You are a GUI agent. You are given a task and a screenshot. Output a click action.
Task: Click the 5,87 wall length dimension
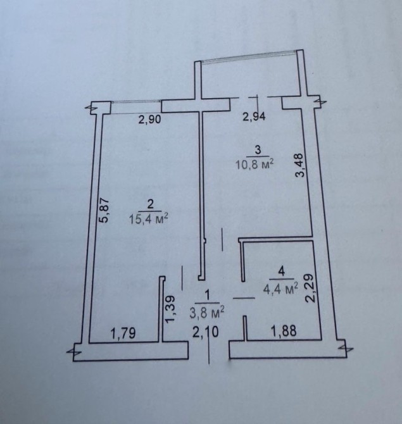[104, 210]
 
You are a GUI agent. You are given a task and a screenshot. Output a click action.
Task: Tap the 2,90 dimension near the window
[149, 119]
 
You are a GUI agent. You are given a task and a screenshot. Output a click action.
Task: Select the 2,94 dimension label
[254, 117]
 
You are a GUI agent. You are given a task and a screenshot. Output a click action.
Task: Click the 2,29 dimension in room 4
[310, 288]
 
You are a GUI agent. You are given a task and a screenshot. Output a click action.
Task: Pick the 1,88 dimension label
[285, 330]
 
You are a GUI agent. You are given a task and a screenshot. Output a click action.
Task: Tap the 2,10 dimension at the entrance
[205, 332]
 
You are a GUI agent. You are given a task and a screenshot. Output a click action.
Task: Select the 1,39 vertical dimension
[171, 309]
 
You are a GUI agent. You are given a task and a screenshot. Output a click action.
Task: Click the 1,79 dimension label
[123, 334]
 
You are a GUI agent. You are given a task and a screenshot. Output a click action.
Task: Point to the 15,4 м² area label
[149, 219]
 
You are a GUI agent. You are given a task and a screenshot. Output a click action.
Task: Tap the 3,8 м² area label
[207, 313]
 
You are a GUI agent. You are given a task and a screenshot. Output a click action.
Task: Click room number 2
[150, 204]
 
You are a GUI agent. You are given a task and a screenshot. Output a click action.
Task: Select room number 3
[258, 150]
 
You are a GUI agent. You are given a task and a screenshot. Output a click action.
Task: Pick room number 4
[281, 271]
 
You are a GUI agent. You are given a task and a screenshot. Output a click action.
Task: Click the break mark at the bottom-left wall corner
[73, 352]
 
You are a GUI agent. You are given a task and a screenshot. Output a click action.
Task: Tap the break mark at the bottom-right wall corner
[346, 349]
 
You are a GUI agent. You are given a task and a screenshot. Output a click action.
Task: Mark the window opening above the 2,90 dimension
[136, 107]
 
